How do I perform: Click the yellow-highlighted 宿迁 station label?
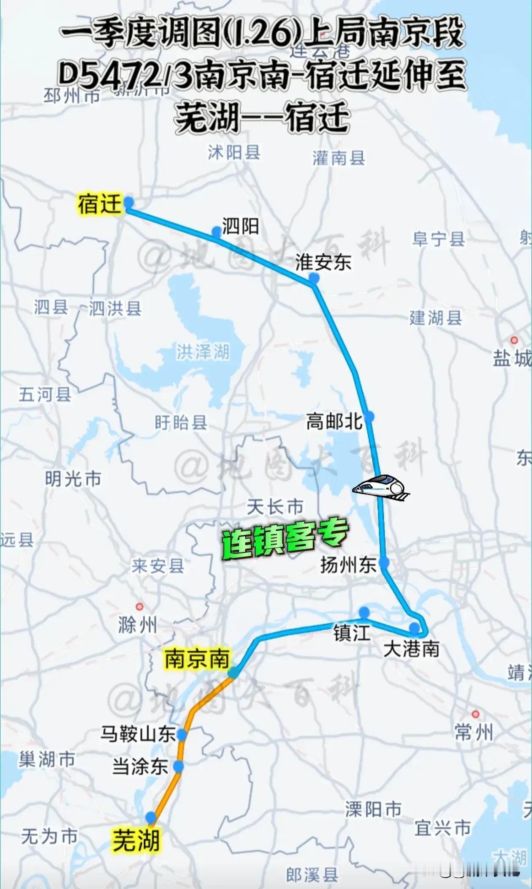100,204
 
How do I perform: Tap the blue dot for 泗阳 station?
216,231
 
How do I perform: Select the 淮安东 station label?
323,262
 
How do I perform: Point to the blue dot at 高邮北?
369,417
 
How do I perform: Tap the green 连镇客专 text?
285,538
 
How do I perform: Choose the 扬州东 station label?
348,565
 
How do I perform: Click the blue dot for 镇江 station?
364,612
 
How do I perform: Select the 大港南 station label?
411,649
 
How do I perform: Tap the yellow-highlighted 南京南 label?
197,659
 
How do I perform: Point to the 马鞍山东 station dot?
182,735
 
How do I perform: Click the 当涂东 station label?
140,766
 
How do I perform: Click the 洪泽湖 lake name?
203,352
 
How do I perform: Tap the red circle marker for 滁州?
139,607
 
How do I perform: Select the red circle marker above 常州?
475,714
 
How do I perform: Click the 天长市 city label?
275,507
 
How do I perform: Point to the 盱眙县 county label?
181,422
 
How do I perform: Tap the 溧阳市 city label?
373,809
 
